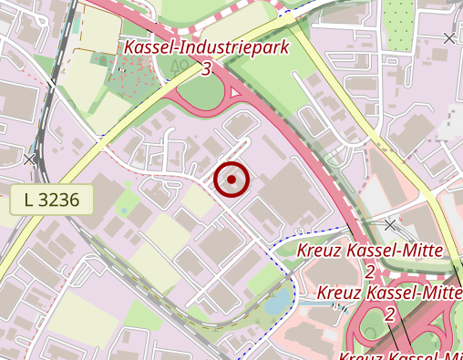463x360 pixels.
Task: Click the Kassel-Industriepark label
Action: [206, 46]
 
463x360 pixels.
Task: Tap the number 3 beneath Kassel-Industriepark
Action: [207, 68]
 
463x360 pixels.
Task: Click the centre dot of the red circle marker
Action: [231, 180]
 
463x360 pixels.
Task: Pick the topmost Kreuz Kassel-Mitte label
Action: [370, 251]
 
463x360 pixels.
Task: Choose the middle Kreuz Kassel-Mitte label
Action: [390, 293]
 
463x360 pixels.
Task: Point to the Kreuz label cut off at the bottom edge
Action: [401, 355]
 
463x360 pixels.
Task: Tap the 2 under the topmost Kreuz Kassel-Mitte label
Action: [370, 272]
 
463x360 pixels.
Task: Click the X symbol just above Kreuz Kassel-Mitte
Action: [390, 223]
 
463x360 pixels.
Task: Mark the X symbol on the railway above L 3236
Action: [30, 159]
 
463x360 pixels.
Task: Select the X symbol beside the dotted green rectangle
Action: [448, 37]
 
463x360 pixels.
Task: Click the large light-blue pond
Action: [280, 299]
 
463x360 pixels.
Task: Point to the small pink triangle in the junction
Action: [236, 93]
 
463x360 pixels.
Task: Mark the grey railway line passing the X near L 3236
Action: [42, 137]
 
